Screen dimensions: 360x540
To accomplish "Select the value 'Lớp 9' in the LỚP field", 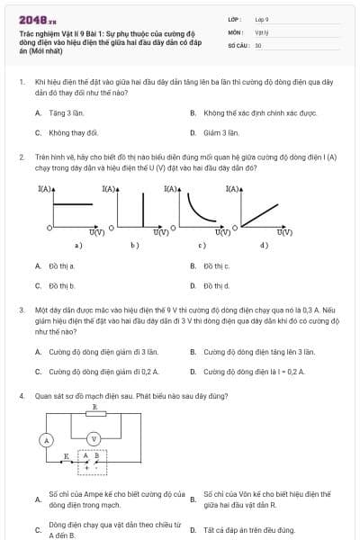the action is tap(262, 18).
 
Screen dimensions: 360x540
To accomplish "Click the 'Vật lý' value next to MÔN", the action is tap(261, 31).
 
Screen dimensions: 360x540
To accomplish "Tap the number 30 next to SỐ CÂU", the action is tap(258, 44).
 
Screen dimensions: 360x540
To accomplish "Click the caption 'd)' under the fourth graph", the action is tap(264, 245).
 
